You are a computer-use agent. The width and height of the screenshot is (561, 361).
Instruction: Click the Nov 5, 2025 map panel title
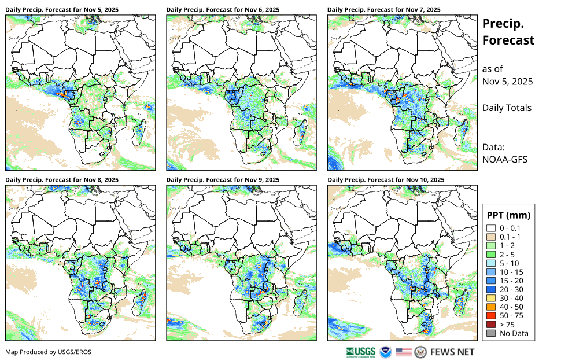61,10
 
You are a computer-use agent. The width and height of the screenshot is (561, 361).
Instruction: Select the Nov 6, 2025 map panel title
222,10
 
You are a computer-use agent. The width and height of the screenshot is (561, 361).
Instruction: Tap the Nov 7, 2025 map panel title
383,10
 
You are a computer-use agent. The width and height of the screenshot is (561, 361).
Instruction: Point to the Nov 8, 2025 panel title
61,180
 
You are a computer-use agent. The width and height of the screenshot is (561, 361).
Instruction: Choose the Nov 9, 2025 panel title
222,180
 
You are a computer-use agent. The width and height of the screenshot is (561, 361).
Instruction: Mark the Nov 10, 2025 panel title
385,180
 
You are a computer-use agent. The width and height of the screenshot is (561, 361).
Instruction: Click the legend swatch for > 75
491,324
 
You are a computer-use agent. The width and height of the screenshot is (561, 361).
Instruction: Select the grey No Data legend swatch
491,333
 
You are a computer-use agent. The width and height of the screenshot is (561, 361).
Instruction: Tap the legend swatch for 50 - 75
491,315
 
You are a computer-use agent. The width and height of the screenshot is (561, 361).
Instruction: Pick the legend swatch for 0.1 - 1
491,237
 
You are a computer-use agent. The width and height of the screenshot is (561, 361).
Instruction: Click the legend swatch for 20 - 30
491,289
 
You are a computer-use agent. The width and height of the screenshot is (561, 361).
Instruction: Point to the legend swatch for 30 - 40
491,298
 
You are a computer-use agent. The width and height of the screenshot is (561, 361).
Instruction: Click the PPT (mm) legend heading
508,215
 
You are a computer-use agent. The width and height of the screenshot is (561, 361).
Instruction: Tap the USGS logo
361,352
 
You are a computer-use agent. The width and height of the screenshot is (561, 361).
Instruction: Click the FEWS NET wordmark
452,352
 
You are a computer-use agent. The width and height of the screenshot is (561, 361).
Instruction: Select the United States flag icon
404,352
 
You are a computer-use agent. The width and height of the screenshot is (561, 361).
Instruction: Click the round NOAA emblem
386,352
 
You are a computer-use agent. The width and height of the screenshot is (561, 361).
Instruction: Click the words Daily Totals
507,108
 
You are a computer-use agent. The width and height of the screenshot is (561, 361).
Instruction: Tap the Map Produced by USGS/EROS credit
49,352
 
